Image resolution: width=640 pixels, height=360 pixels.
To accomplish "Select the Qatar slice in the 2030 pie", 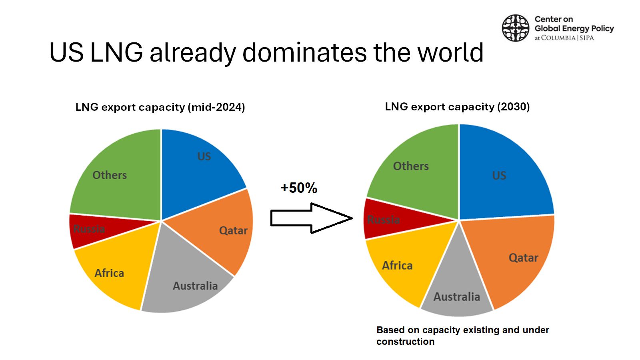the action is tap(512, 257).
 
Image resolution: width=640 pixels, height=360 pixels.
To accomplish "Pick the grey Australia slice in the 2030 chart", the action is tap(456, 288).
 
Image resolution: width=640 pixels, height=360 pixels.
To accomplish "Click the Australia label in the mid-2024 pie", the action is tap(196, 286).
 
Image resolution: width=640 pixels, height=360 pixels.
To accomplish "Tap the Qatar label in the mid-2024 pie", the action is tap(233, 230).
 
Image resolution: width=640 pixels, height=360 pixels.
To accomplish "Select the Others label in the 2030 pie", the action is tap(411, 166).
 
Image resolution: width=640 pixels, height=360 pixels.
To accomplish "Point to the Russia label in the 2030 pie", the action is tap(384, 220).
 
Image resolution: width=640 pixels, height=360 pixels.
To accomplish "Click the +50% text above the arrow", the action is tap(299, 188).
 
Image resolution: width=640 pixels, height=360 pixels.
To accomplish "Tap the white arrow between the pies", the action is tap(312, 218).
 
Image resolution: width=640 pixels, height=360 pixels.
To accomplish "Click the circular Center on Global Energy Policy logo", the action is tap(516, 28).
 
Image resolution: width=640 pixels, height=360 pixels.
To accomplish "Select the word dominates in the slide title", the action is tap(304, 52).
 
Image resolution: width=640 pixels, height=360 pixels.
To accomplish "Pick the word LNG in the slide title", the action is tap(116, 52).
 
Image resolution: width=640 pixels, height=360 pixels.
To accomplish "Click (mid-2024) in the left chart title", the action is tap(216, 107).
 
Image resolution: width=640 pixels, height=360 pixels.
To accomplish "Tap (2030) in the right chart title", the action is tap(514, 107).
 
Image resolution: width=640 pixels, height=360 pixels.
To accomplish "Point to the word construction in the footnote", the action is tap(406, 342).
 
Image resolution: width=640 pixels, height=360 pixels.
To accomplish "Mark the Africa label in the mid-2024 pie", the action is tap(110, 273).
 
